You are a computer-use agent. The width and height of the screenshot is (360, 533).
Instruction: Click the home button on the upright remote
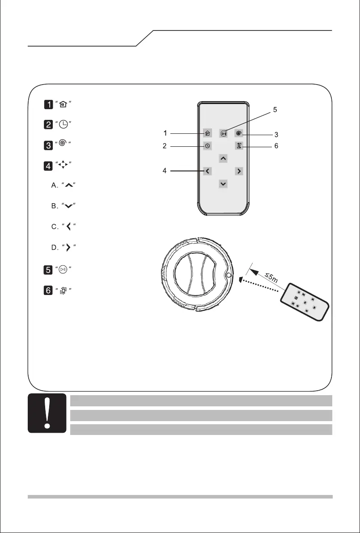(x=207, y=133)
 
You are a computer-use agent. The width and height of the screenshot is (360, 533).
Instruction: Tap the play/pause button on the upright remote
(x=223, y=133)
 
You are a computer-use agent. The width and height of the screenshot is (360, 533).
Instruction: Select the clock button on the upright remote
(x=207, y=146)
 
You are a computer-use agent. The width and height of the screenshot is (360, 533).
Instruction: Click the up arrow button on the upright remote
(x=223, y=158)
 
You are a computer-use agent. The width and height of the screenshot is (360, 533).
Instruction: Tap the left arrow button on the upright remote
(x=207, y=171)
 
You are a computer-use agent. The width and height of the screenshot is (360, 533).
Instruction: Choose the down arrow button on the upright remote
(x=223, y=183)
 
